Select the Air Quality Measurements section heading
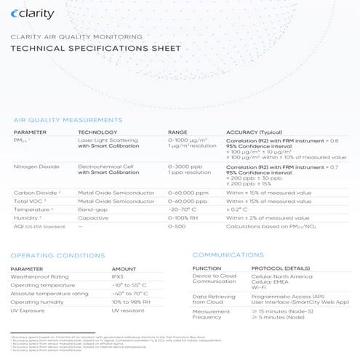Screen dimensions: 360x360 click(68, 119)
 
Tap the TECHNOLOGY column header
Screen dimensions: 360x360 click(100, 132)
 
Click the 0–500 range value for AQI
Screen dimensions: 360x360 click(177, 226)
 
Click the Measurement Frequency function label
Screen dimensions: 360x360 click(212, 315)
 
